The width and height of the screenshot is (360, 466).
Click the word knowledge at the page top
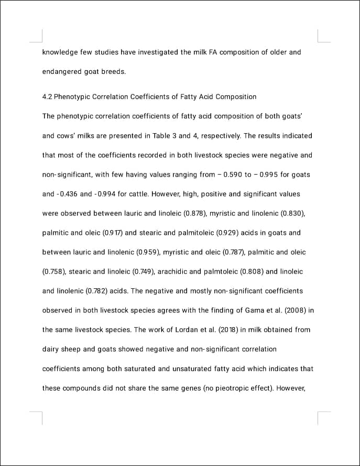[x=60, y=52]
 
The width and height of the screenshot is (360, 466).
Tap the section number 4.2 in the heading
[x=47, y=97]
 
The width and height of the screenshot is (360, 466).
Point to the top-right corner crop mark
[x=321, y=37]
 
